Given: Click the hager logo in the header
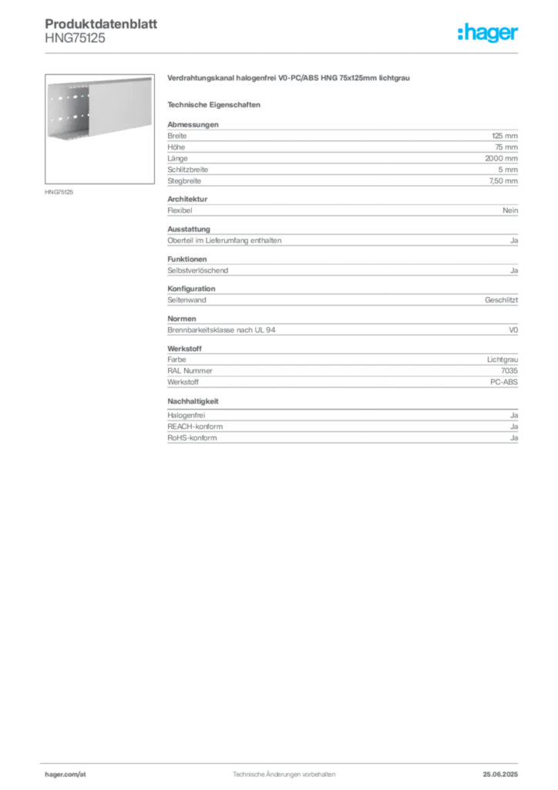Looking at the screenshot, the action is point(488,32).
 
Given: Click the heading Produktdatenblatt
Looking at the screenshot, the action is point(101,24).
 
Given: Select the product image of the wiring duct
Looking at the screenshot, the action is point(99,129).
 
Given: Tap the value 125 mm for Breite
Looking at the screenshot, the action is point(505,136).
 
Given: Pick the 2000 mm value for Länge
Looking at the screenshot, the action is point(501,158).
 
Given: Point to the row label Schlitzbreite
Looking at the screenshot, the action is point(188,170).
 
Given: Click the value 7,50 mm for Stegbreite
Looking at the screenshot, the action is point(503,181).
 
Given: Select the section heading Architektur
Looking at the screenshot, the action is point(187,199).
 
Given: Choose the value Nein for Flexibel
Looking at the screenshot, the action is point(510,211).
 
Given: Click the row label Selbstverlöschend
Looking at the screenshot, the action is point(198,271).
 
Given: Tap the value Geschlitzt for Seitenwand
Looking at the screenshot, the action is point(501,300).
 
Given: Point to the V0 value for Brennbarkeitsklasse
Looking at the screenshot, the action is point(513,330).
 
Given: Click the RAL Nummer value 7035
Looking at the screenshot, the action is point(509,371).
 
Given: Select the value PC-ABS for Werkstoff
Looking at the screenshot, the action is point(503,382).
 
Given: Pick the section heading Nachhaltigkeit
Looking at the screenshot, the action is point(193,401).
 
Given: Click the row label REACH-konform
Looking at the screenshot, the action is point(195,427).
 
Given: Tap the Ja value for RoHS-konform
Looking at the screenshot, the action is point(514,438).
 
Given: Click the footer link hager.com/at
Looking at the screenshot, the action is point(66,775).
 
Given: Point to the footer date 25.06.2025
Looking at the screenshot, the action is point(500,775).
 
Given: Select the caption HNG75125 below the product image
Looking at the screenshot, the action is point(59,192).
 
